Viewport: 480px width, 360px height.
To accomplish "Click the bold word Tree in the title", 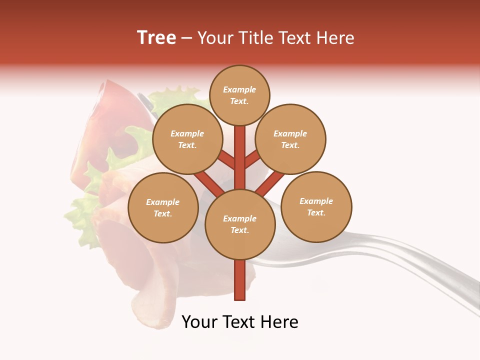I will [156, 38].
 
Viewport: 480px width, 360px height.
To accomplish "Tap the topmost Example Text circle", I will [239, 95].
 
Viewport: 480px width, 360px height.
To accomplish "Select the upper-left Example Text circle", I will [187, 139].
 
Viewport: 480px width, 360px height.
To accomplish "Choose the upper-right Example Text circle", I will [290, 139].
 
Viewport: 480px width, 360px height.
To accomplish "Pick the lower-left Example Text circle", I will [163, 207].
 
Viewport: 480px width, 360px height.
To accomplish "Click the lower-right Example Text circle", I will [316, 206].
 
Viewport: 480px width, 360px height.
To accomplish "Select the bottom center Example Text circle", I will [239, 224].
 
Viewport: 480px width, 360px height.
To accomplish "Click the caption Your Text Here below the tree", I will [239, 322].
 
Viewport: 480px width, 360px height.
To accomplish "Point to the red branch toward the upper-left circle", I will [226, 160].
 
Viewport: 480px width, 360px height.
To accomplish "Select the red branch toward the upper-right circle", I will [252, 159].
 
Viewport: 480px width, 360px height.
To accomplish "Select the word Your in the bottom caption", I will [198, 322].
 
